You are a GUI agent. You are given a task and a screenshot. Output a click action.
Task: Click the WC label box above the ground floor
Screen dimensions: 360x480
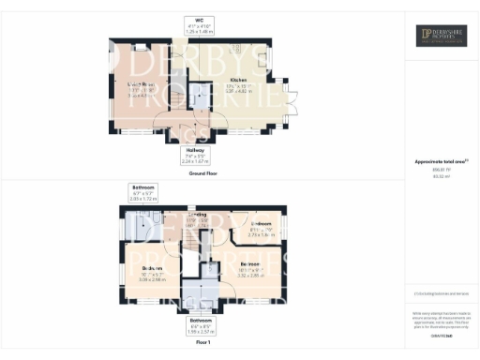(x=199, y=25)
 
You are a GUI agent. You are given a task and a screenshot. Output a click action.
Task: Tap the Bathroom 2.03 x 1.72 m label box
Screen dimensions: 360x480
(x=143, y=194)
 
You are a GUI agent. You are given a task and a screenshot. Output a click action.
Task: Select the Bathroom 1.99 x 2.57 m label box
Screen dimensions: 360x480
(x=199, y=326)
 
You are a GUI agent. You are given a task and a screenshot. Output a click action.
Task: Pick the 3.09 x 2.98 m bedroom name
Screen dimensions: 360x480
(x=140, y=270)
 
